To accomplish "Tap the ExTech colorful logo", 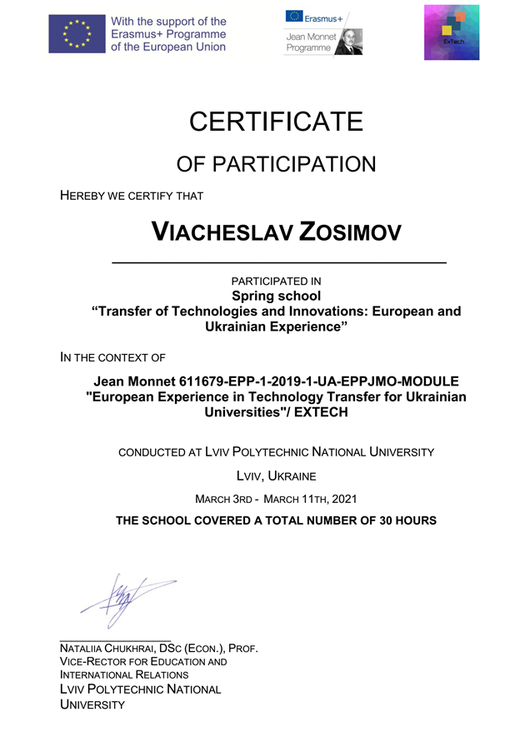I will tap(451, 32).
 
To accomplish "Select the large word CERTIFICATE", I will tap(276, 122).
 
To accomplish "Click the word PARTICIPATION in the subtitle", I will tap(293, 164).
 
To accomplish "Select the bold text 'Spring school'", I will tap(276, 296).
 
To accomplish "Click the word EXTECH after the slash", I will tap(318, 411).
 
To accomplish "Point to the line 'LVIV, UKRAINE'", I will tap(276, 477).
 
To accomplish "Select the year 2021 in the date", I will tap(344, 499).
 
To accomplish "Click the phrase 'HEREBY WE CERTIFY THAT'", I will tap(132, 196).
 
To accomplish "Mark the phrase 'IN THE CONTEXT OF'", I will tap(112, 358).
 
